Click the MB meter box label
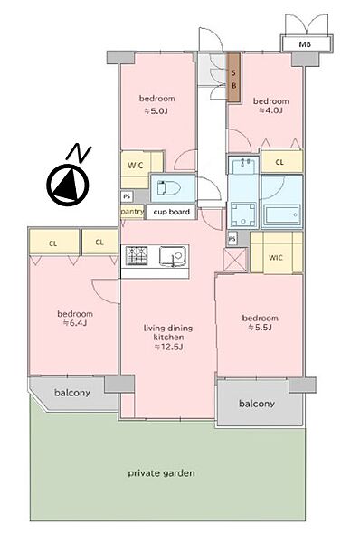(305, 44)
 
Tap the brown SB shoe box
(234, 77)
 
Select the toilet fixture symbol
(169, 188)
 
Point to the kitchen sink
(173, 257)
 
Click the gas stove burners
(137, 255)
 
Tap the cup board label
(171, 212)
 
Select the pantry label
(132, 211)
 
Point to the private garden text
(161, 473)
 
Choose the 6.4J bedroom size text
(75, 323)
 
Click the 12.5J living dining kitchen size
(168, 347)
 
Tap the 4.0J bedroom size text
(270, 110)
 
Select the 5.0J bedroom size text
(156, 111)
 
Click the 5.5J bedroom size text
(260, 328)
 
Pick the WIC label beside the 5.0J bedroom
(135, 166)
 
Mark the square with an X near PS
(235, 260)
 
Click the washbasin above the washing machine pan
(243, 165)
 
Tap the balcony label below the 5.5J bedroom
(257, 404)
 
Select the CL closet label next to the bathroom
(279, 162)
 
